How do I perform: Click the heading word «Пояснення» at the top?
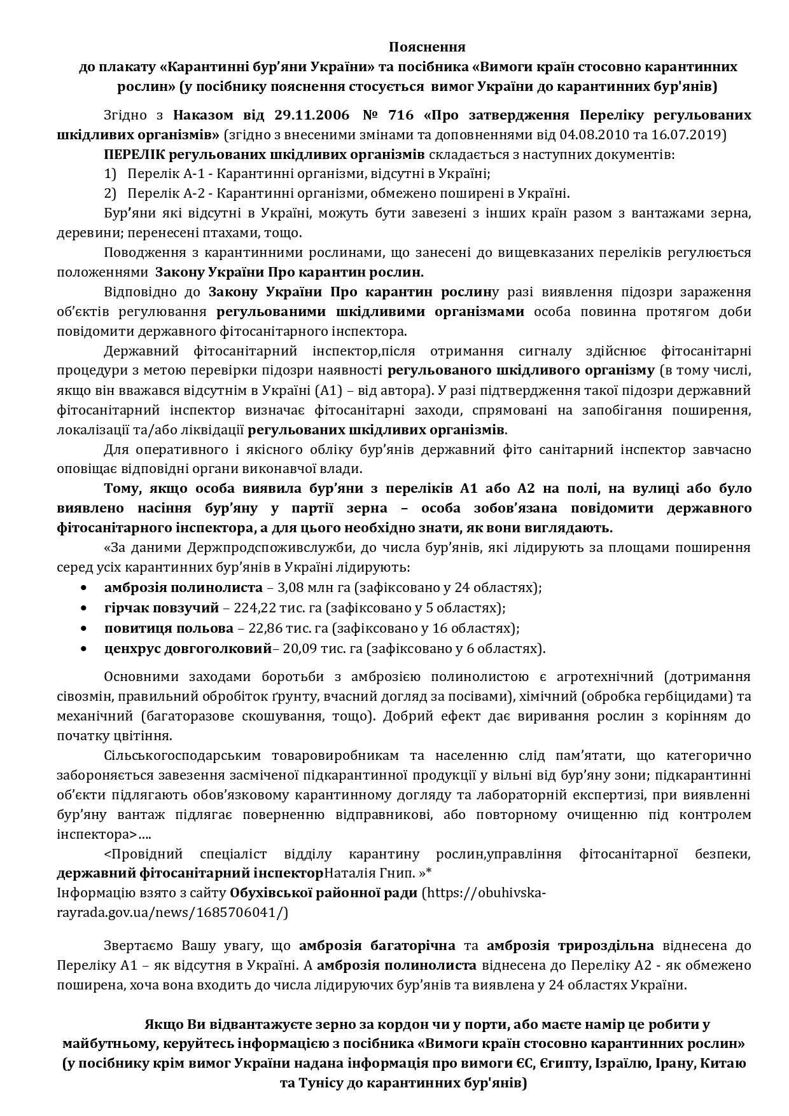pyautogui.click(x=427, y=47)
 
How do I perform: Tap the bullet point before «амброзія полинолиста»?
pyautogui.click(x=84, y=588)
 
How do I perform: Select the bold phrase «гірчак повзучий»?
pyautogui.click(x=162, y=608)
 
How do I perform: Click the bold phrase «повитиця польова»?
pyautogui.click(x=169, y=628)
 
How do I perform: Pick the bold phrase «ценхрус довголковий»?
pyautogui.click(x=188, y=649)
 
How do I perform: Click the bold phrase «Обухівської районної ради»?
pyautogui.click(x=323, y=893)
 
